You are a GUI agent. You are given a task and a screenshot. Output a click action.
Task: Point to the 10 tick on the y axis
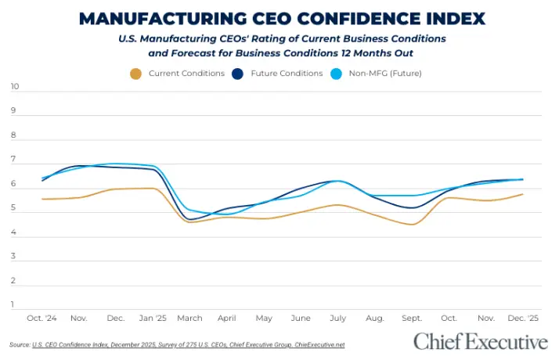(x=13, y=86)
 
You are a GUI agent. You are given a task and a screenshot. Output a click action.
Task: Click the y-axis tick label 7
(x=13, y=159)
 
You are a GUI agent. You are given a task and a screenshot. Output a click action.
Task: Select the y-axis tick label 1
(x=13, y=304)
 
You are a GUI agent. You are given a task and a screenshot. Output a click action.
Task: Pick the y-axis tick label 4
(x=13, y=232)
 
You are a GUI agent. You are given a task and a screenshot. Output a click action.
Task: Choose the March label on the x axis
(x=189, y=319)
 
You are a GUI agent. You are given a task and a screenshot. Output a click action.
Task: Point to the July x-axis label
(x=337, y=319)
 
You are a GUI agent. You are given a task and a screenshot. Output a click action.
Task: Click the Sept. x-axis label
(x=411, y=319)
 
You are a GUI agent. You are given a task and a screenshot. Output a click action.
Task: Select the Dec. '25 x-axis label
(x=522, y=319)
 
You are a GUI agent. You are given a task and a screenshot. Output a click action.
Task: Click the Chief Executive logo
(x=480, y=342)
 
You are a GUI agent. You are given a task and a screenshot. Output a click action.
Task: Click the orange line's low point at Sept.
(x=413, y=225)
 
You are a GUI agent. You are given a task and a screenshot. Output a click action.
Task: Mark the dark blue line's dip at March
(x=189, y=219)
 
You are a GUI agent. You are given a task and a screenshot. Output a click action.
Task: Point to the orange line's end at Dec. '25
(x=522, y=194)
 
